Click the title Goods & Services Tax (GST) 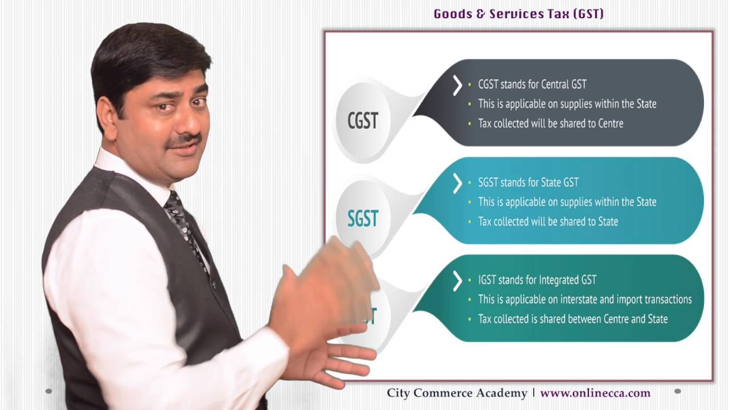518,14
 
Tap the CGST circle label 363,121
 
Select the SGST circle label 363,219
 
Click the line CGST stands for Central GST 532,84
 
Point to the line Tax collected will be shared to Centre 550,123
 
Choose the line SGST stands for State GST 528,182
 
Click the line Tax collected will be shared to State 548,222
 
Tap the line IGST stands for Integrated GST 537,280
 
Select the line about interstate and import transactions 584,300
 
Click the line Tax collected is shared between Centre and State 572,319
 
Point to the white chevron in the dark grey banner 457,85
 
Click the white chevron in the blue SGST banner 457,183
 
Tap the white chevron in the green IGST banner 457,281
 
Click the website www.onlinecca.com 595,393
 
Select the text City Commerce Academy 457,393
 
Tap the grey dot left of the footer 48,391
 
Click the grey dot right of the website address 677,391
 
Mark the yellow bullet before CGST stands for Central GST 469,85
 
